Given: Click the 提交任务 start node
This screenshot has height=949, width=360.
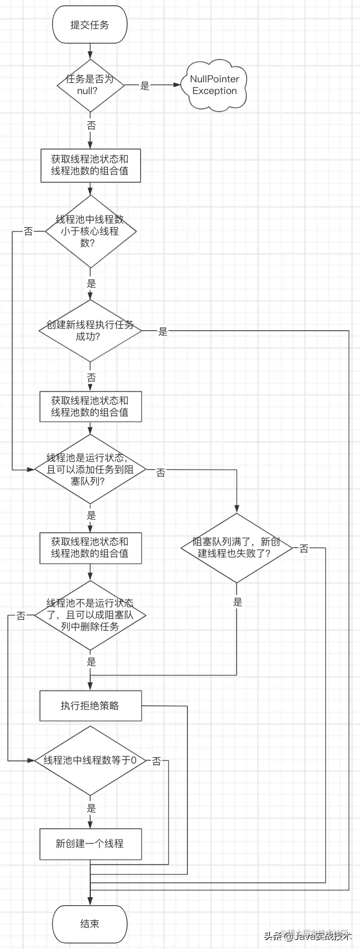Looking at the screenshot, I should click(90, 25).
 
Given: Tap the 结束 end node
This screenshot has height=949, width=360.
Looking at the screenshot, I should click(90, 924).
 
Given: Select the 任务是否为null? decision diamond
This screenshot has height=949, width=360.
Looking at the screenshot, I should click(90, 85).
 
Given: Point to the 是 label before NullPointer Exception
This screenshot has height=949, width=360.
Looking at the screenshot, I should click(145, 85).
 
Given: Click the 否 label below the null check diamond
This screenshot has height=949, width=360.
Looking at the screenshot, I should click(91, 126).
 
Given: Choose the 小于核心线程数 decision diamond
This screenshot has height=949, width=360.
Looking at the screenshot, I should click(90, 231).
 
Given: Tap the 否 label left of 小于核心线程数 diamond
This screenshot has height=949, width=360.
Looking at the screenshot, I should click(28, 231).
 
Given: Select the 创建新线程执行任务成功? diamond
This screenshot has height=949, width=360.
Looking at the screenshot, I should click(90, 331).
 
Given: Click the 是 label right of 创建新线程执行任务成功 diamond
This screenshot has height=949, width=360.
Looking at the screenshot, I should click(163, 332).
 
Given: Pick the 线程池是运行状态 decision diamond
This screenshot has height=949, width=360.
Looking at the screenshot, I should click(90, 469).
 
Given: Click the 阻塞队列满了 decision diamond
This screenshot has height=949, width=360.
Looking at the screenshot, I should click(236, 548).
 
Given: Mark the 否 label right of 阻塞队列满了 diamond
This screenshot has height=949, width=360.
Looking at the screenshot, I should click(304, 549).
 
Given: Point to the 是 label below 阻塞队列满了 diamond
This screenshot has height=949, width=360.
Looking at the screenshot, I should click(238, 602).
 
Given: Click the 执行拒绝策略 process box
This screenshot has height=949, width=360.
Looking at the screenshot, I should click(90, 706).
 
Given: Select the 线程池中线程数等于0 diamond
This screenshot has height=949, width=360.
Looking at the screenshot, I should click(90, 760).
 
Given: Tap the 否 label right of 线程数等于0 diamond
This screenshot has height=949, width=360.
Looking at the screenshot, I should click(156, 761).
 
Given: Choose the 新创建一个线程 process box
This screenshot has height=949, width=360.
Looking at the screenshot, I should click(90, 844).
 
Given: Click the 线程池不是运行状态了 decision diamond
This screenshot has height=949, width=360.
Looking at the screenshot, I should click(90, 615).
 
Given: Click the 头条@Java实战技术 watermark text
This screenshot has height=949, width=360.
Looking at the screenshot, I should click(308, 936).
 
